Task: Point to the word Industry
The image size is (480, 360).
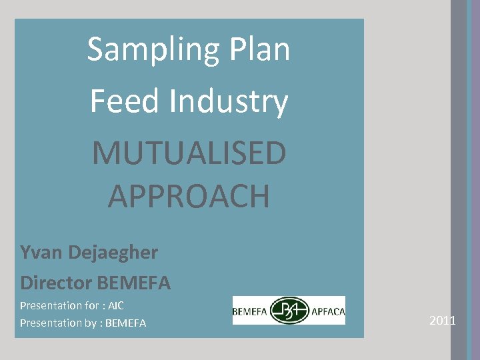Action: coord(228,102)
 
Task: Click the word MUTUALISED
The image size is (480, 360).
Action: coord(189,153)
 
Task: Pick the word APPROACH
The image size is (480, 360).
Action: coord(189,196)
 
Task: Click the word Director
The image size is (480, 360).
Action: coord(56,283)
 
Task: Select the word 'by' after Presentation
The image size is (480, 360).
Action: coord(89,323)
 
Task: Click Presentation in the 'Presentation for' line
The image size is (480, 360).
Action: coord(49,306)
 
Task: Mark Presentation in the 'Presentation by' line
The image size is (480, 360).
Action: coord(49,323)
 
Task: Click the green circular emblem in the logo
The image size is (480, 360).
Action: coord(289,311)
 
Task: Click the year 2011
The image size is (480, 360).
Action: coord(443,321)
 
